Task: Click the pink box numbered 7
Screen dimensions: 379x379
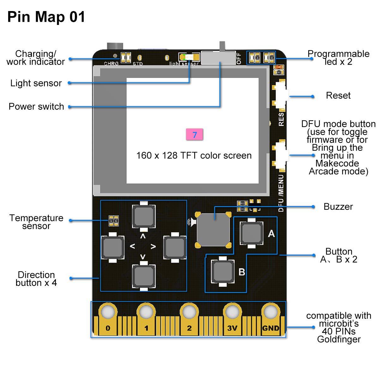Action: (x=194, y=135)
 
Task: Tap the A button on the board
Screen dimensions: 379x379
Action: (x=251, y=233)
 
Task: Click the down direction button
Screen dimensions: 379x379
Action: (x=144, y=275)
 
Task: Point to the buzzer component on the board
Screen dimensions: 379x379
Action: (x=214, y=230)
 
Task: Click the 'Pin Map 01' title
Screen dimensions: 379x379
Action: (x=46, y=17)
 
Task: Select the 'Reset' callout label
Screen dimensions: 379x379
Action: (x=338, y=95)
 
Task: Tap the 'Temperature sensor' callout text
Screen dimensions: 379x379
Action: (x=36, y=222)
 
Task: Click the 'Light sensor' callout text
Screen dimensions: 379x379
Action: (x=36, y=83)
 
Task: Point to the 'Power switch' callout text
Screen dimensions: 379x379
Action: (x=36, y=107)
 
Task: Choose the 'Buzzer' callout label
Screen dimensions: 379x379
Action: (x=338, y=207)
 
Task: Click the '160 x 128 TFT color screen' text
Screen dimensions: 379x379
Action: (x=194, y=155)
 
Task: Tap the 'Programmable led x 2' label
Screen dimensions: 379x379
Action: (x=339, y=58)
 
